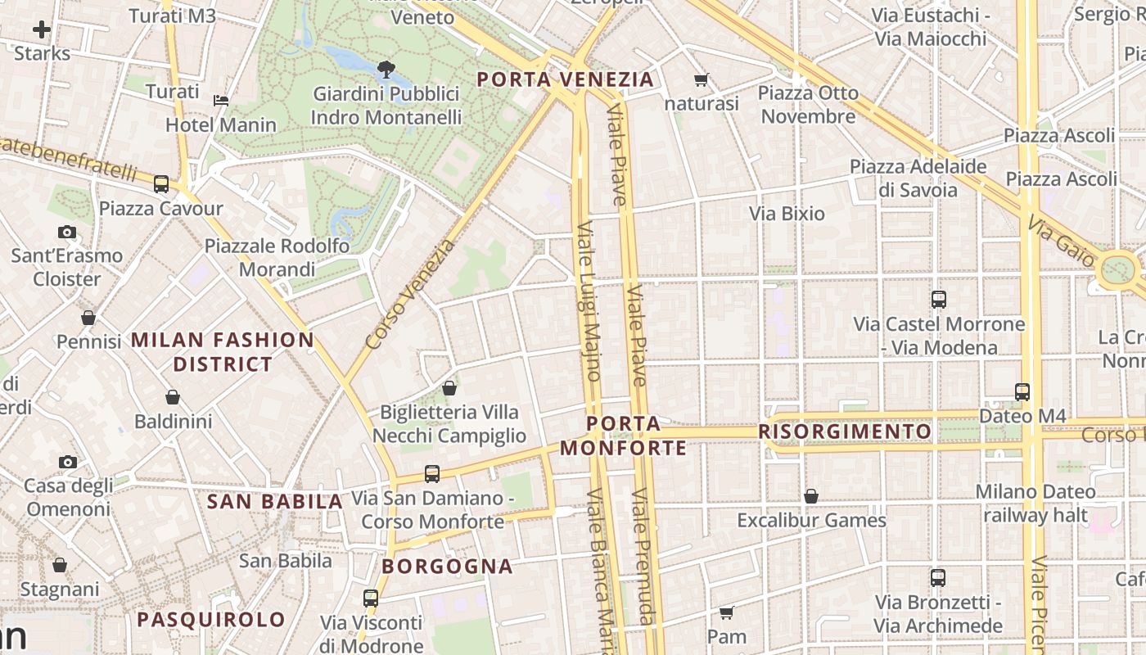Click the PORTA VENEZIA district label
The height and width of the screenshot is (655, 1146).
click(x=565, y=79)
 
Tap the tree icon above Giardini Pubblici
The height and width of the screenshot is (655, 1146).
click(x=386, y=69)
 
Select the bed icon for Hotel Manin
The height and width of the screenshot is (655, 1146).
click(x=221, y=101)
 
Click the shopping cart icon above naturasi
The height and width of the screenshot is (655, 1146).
click(x=701, y=79)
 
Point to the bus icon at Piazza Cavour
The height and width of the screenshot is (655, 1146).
click(x=161, y=184)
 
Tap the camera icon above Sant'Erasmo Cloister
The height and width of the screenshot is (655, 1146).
click(x=67, y=233)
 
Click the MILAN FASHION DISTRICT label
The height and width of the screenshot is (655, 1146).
click(x=223, y=352)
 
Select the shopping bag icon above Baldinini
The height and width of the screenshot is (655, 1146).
click(x=173, y=398)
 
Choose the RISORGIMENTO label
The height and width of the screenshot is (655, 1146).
click(x=845, y=431)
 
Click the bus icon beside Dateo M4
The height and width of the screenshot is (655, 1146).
click(x=1022, y=392)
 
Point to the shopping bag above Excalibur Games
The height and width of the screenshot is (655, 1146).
click(x=811, y=496)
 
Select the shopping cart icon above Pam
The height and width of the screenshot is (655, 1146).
click(x=726, y=612)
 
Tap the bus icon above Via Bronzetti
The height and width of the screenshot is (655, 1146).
click(x=938, y=578)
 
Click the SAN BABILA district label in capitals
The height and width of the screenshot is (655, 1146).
click(x=274, y=502)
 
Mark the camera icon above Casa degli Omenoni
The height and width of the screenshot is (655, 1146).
click(x=67, y=463)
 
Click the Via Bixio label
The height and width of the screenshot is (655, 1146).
click(x=787, y=214)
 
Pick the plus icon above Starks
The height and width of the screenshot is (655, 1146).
click(x=42, y=30)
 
